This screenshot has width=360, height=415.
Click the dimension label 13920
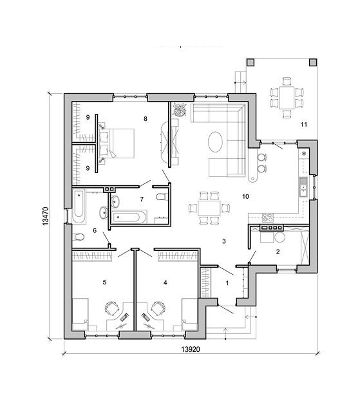click(191, 349)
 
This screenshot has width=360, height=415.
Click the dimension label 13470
click(46, 216)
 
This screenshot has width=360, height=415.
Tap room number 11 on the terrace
click(304, 124)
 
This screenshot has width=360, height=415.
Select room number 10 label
click(245, 196)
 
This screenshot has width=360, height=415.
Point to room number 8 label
click(146, 119)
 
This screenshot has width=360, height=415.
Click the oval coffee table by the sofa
click(215, 142)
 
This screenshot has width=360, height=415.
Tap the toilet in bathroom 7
click(162, 197)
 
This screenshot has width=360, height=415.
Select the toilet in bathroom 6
click(78, 237)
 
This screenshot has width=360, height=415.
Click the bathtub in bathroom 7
click(129, 217)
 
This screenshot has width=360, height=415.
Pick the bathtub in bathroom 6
click(79, 206)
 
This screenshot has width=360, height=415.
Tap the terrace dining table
click(287, 97)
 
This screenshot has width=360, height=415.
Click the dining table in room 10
click(209, 208)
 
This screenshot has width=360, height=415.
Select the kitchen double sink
click(303, 187)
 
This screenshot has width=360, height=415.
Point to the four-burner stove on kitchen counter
click(268, 217)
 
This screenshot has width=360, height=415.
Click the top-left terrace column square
click(251, 62)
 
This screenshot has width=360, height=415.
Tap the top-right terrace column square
click(313, 62)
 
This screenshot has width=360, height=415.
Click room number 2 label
click(278, 252)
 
